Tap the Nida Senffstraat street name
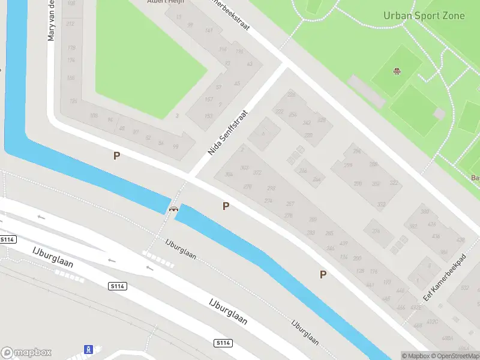click(228, 133)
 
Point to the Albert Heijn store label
click(165, 2)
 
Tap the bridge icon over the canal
click(173, 209)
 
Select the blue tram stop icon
click(88, 349)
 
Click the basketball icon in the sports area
click(397, 71)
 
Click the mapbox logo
click(26, 353)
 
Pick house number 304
click(228, 175)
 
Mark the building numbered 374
click(376, 231)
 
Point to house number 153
click(208, 116)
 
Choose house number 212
click(71, 23)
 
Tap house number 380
click(425, 211)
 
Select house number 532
click(465, 288)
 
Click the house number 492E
click(415, 307)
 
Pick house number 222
click(292, 94)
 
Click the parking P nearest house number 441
click(323, 274)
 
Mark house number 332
click(381, 205)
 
